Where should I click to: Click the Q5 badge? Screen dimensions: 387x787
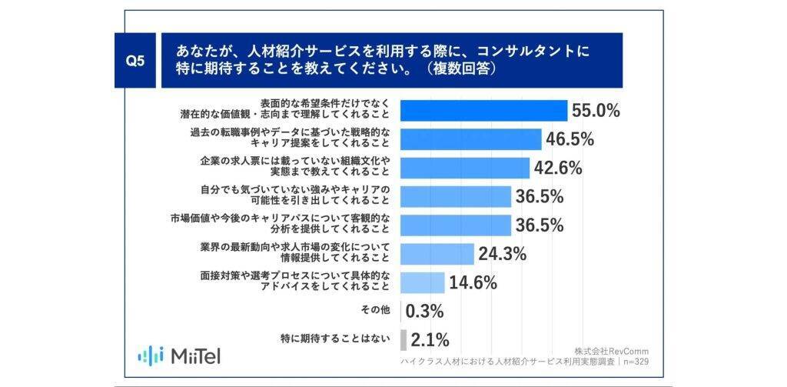[134, 62]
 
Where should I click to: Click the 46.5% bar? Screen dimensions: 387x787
[471, 139]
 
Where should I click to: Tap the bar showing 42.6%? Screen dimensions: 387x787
[465, 168]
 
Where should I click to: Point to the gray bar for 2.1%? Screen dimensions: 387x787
[403, 339]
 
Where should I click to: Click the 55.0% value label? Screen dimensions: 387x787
[596, 111]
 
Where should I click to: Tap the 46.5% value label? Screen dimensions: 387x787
[569, 139]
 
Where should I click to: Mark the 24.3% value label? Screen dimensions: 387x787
[500, 253]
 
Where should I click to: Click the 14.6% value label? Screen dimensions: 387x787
[472, 282]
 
